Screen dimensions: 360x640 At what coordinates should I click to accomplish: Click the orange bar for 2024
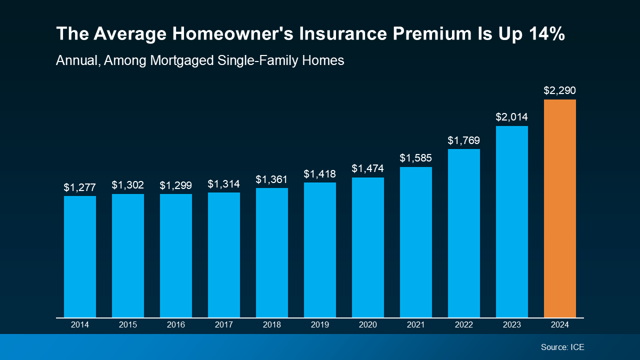(559, 208)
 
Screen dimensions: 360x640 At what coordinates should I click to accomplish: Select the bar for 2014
(80, 256)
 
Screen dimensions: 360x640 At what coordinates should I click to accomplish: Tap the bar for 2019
(320, 250)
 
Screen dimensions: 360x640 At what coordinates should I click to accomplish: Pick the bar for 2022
(464, 233)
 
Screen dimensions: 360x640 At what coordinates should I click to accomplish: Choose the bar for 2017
(224, 255)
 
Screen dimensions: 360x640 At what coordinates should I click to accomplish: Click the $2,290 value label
(559, 90)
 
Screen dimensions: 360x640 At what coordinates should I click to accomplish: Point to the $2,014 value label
(511, 117)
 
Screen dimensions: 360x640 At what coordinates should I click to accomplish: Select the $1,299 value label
(176, 185)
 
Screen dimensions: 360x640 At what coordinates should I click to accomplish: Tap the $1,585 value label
(416, 158)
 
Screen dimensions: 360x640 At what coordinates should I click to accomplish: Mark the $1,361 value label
(272, 179)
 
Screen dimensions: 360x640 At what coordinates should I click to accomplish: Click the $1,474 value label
(368, 168)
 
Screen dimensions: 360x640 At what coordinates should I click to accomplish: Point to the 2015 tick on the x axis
(128, 325)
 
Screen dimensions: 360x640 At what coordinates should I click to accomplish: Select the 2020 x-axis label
(368, 325)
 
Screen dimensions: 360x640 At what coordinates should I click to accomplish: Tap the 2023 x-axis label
(511, 325)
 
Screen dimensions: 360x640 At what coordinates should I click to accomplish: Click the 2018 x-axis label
(272, 325)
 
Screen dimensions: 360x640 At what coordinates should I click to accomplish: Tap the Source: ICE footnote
(562, 347)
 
